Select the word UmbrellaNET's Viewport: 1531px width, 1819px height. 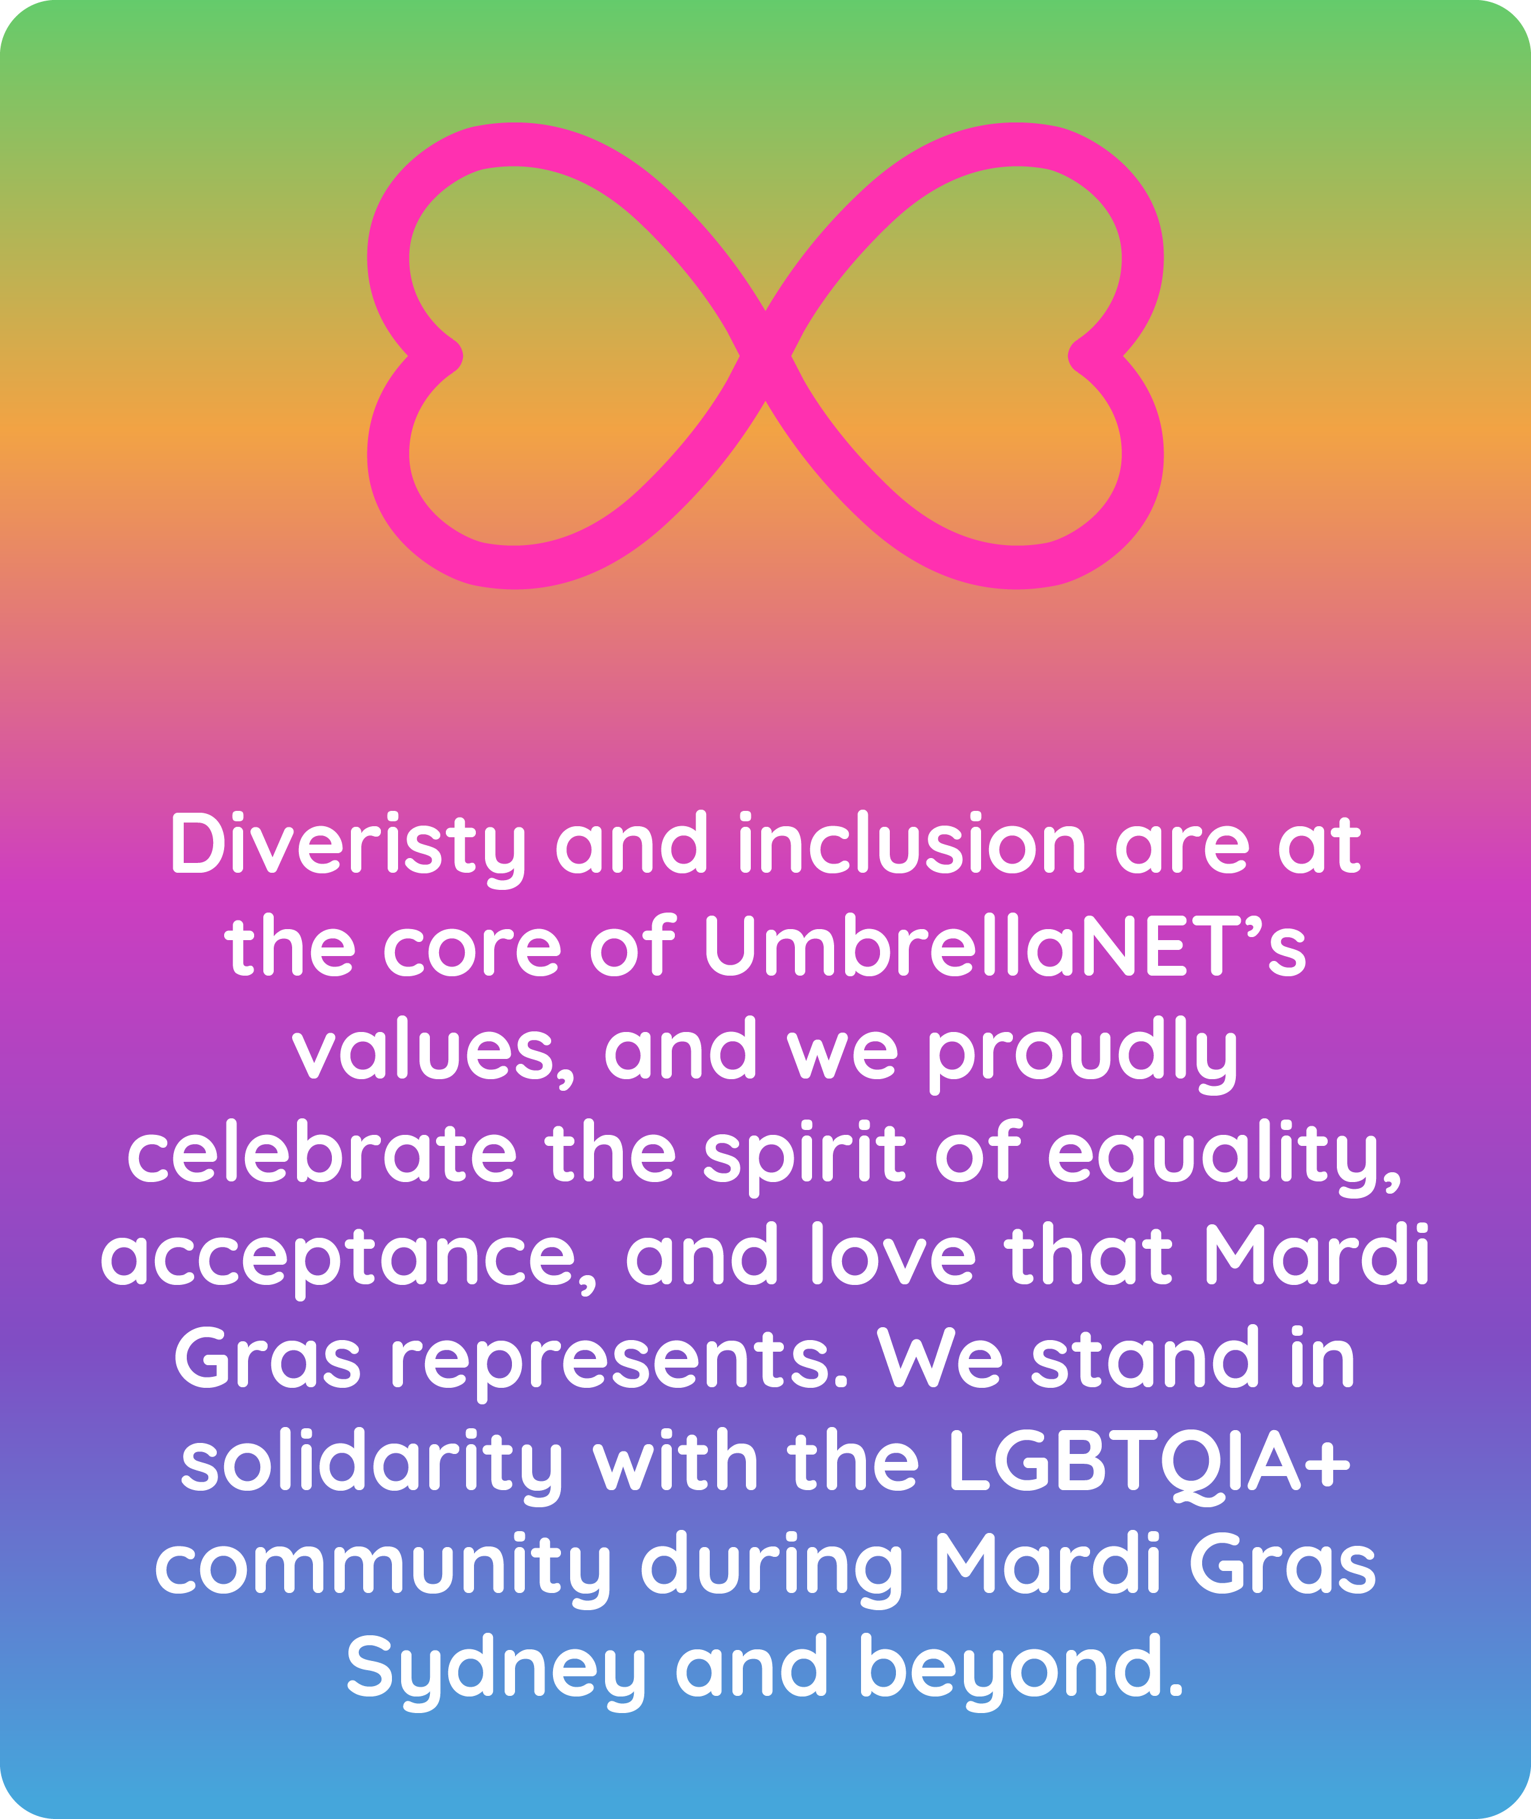pyautogui.click(x=1004, y=945)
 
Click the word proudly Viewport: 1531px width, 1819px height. pyautogui.click(x=1083, y=1055)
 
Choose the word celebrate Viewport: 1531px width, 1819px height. pyautogui.click(x=322, y=1151)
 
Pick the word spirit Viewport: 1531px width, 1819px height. pyautogui.click(x=805, y=1158)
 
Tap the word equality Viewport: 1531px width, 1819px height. pyautogui.click(x=1225, y=1158)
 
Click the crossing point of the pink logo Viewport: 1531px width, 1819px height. pyautogui.click(x=766, y=356)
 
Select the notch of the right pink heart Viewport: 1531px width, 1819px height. pyautogui.click(x=1082, y=356)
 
